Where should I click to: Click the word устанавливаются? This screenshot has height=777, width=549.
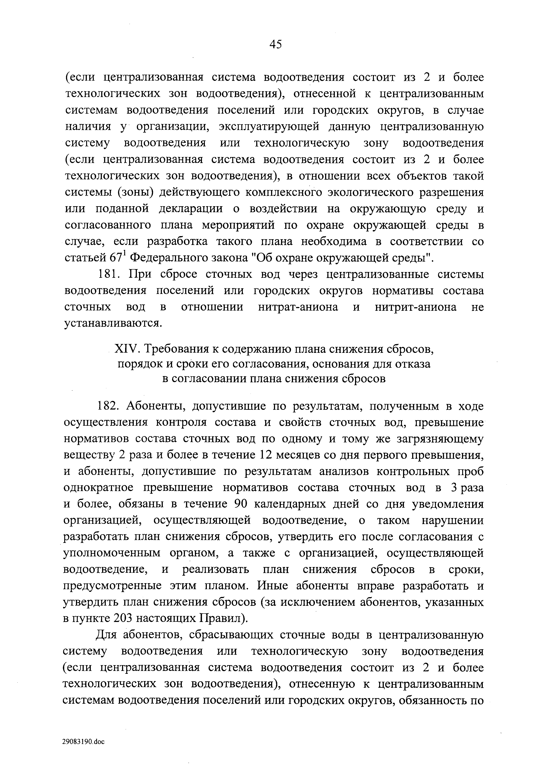point(111,324)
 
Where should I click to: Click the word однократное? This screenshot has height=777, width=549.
point(98,488)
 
